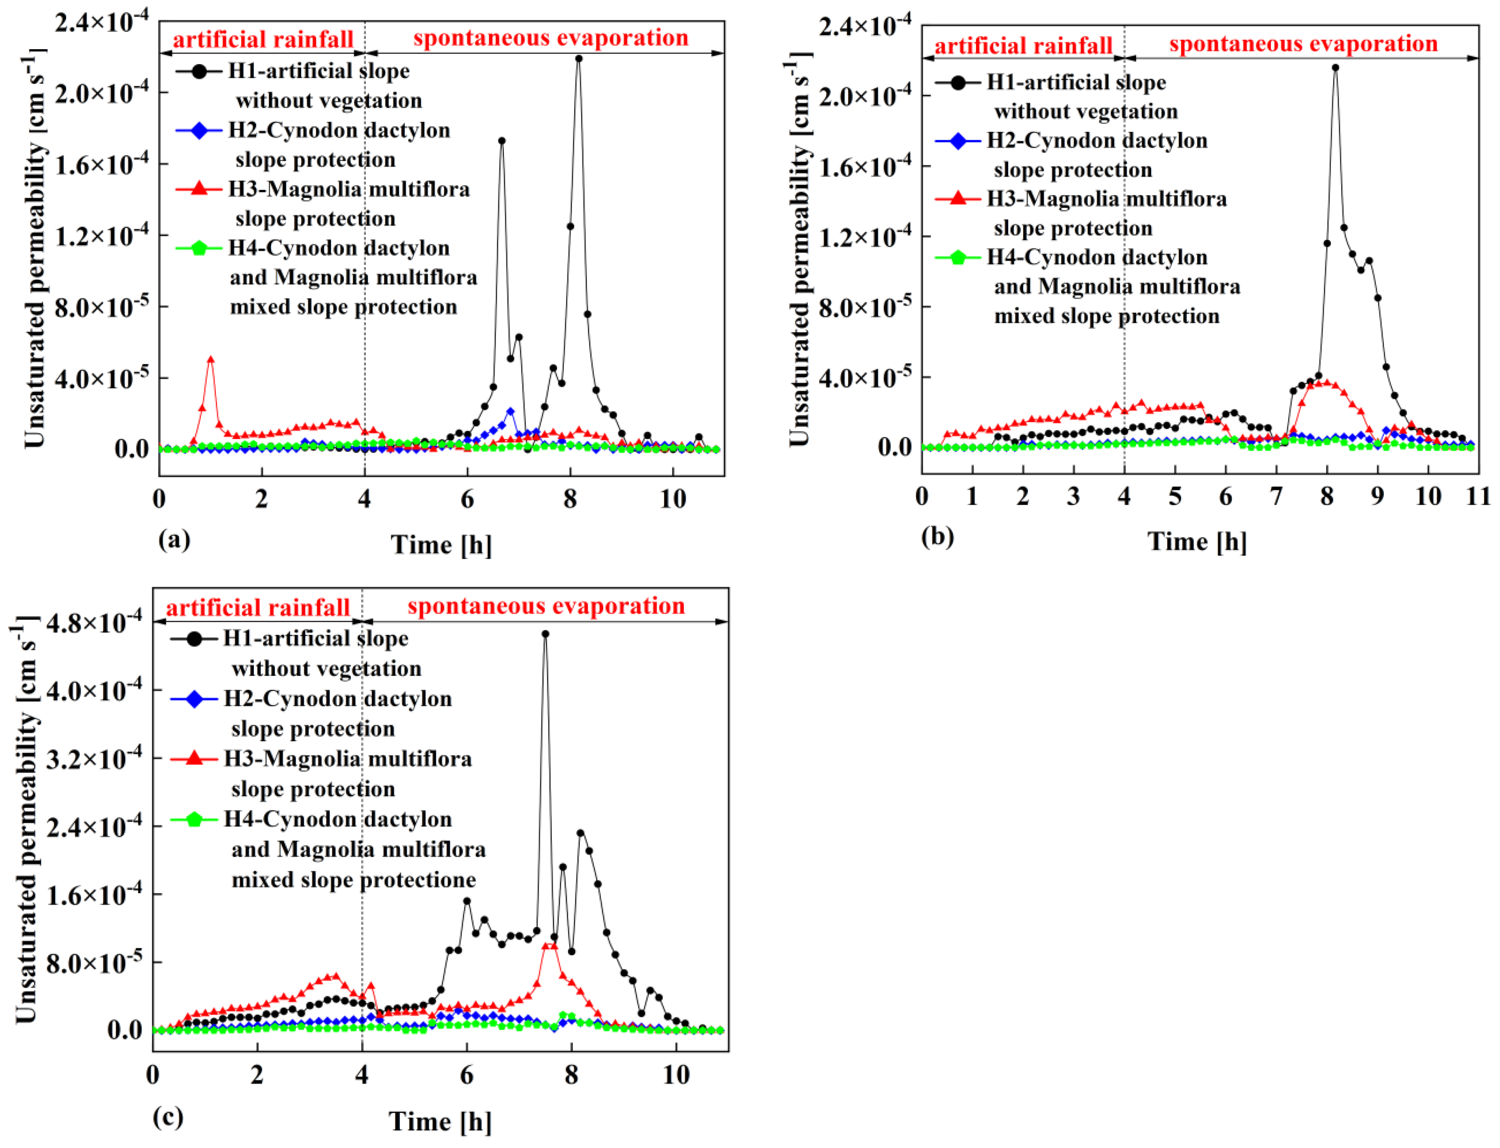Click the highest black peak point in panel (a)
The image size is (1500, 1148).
578,59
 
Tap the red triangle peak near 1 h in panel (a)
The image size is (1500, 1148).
211,359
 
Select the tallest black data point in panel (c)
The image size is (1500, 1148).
545,634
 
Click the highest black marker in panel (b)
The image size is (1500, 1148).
1335,68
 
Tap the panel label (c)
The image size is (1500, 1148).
168,1117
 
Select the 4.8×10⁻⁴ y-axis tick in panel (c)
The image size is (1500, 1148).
94,622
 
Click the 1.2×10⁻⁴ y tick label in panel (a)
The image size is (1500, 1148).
101,236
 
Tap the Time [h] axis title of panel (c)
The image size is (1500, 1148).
440,1121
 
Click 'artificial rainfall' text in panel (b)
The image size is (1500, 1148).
1023,46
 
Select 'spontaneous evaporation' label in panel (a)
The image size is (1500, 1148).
550,38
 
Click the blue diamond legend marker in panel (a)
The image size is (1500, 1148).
198,130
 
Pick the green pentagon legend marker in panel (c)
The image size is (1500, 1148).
193,819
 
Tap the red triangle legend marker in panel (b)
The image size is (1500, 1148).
958,199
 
